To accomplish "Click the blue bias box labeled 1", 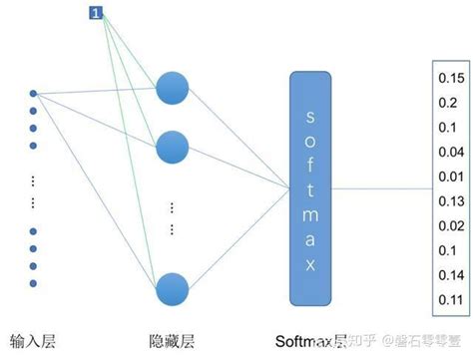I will point(96,12).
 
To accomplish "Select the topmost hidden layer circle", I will point(173,88).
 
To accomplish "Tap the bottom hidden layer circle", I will point(173,288).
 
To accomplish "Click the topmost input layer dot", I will point(33,95).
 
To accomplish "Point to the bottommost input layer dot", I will point(33,283).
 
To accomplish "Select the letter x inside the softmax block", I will point(310,264).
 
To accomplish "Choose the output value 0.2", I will point(446,101).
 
